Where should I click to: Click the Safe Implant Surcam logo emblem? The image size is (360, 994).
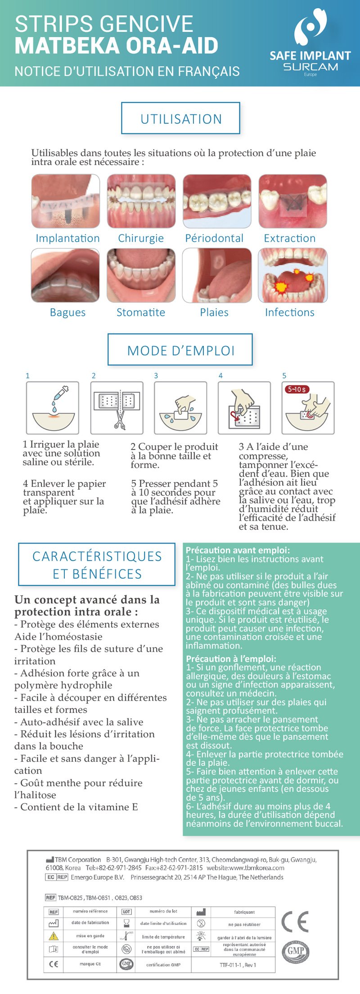310,27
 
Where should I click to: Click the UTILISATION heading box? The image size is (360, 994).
180,118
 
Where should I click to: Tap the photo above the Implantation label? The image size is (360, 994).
66,201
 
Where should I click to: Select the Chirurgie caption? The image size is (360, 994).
141,238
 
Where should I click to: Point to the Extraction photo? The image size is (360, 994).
292,201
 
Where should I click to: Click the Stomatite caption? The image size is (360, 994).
141,312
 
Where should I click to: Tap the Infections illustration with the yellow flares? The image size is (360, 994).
292,275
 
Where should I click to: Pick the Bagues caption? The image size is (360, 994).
67,312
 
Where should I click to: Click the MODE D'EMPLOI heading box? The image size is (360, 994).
180,350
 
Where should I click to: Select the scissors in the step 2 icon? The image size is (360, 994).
120,418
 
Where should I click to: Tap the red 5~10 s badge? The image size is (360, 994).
297,389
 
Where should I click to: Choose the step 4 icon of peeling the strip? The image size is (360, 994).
244,407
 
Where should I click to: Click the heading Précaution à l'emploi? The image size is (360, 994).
231,658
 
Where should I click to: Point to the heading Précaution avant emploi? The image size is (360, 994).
238,550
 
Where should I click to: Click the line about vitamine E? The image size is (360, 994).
76,807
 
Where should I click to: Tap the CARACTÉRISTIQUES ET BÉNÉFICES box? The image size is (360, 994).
97,565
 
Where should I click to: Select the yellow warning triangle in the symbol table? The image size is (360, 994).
54,936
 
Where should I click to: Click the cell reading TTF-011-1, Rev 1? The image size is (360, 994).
244,964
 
